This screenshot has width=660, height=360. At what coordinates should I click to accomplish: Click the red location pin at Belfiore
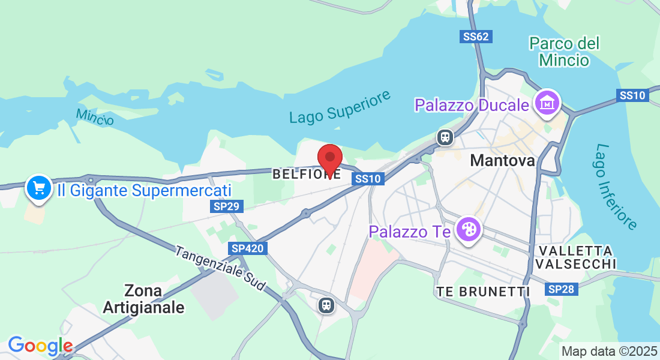click(x=329, y=160)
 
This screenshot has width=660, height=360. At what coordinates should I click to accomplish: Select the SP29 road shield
click(x=227, y=206)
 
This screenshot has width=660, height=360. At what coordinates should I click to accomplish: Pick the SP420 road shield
click(x=247, y=248)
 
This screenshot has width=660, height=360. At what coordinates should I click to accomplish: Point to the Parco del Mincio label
click(x=564, y=52)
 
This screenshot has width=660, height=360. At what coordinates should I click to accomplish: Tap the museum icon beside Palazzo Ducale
click(x=547, y=103)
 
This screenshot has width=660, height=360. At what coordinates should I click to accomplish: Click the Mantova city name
click(x=502, y=161)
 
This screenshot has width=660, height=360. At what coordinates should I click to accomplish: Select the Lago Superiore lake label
click(x=340, y=107)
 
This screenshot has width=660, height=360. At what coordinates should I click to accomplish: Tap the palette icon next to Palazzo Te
click(x=467, y=230)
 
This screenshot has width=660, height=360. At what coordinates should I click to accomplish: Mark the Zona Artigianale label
click(x=143, y=299)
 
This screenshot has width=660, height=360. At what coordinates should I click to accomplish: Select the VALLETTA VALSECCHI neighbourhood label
click(x=575, y=257)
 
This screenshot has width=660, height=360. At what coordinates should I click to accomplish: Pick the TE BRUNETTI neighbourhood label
click(x=483, y=292)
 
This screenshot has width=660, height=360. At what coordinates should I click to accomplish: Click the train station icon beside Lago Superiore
click(x=445, y=137)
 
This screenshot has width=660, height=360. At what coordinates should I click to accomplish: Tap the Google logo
click(x=40, y=346)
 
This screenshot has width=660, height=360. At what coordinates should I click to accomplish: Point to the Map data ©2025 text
click(x=608, y=351)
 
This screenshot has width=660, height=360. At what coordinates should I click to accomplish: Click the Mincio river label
click(x=95, y=116)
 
